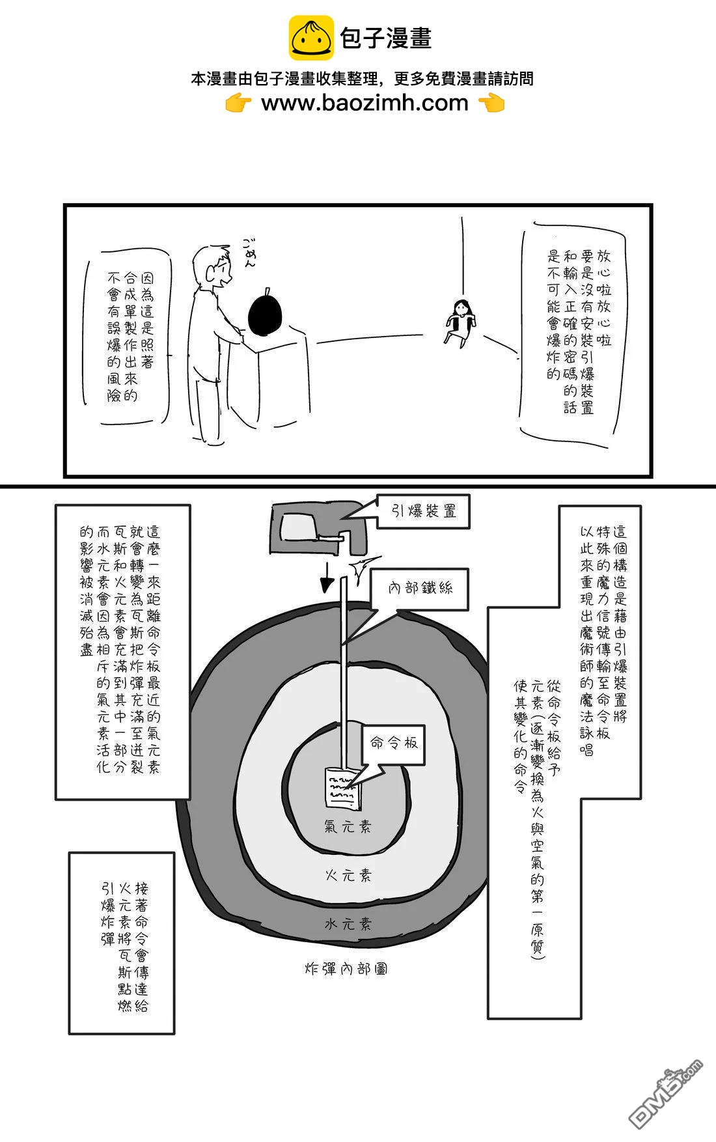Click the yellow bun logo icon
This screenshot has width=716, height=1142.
[311, 38]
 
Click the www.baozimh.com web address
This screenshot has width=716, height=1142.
[365, 103]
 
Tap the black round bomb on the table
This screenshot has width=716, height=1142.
[266, 313]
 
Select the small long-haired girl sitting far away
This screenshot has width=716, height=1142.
[461, 320]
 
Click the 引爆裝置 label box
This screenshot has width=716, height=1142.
[424, 512]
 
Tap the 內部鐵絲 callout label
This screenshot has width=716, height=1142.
[420, 589]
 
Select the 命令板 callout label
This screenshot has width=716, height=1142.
[394, 743]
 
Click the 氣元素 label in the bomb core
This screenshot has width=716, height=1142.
[348, 827]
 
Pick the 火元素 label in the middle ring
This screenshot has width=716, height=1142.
[348, 876]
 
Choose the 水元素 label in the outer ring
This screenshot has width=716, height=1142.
[348, 924]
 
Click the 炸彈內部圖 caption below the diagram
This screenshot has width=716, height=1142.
[346, 969]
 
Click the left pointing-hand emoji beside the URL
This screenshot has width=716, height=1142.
[238, 104]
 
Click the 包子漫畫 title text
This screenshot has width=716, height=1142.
[385, 38]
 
